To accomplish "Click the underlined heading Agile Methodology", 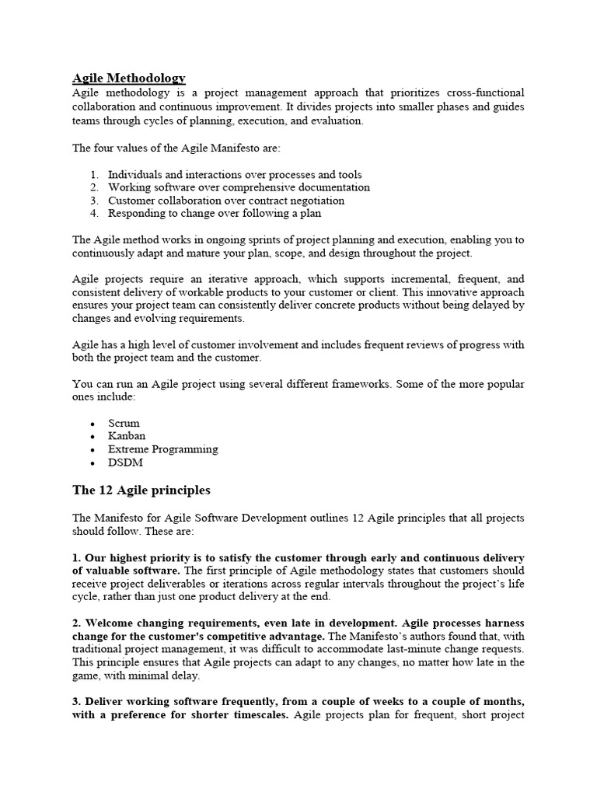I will (x=129, y=78).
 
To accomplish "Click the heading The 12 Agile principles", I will (x=141, y=491).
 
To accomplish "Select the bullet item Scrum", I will (x=124, y=423).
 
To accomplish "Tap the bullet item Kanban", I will (x=127, y=436).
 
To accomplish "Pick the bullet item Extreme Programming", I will (x=162, y=449).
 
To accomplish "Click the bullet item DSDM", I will (x=125, y=463).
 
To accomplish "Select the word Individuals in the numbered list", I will (x=134, y=175).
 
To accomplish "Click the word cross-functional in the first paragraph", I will (x=482, y=93).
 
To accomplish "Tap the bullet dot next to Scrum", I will (x=93, y=424).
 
